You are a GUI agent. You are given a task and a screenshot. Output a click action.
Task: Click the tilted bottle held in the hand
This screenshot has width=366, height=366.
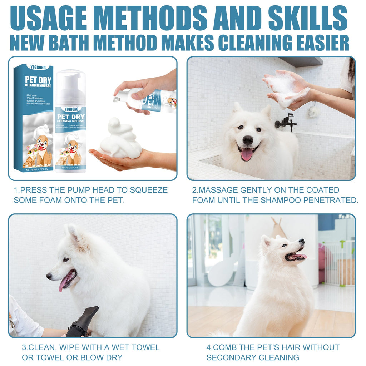[154, 100]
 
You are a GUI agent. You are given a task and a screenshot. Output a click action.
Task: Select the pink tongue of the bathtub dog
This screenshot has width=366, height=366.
[247, 154]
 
